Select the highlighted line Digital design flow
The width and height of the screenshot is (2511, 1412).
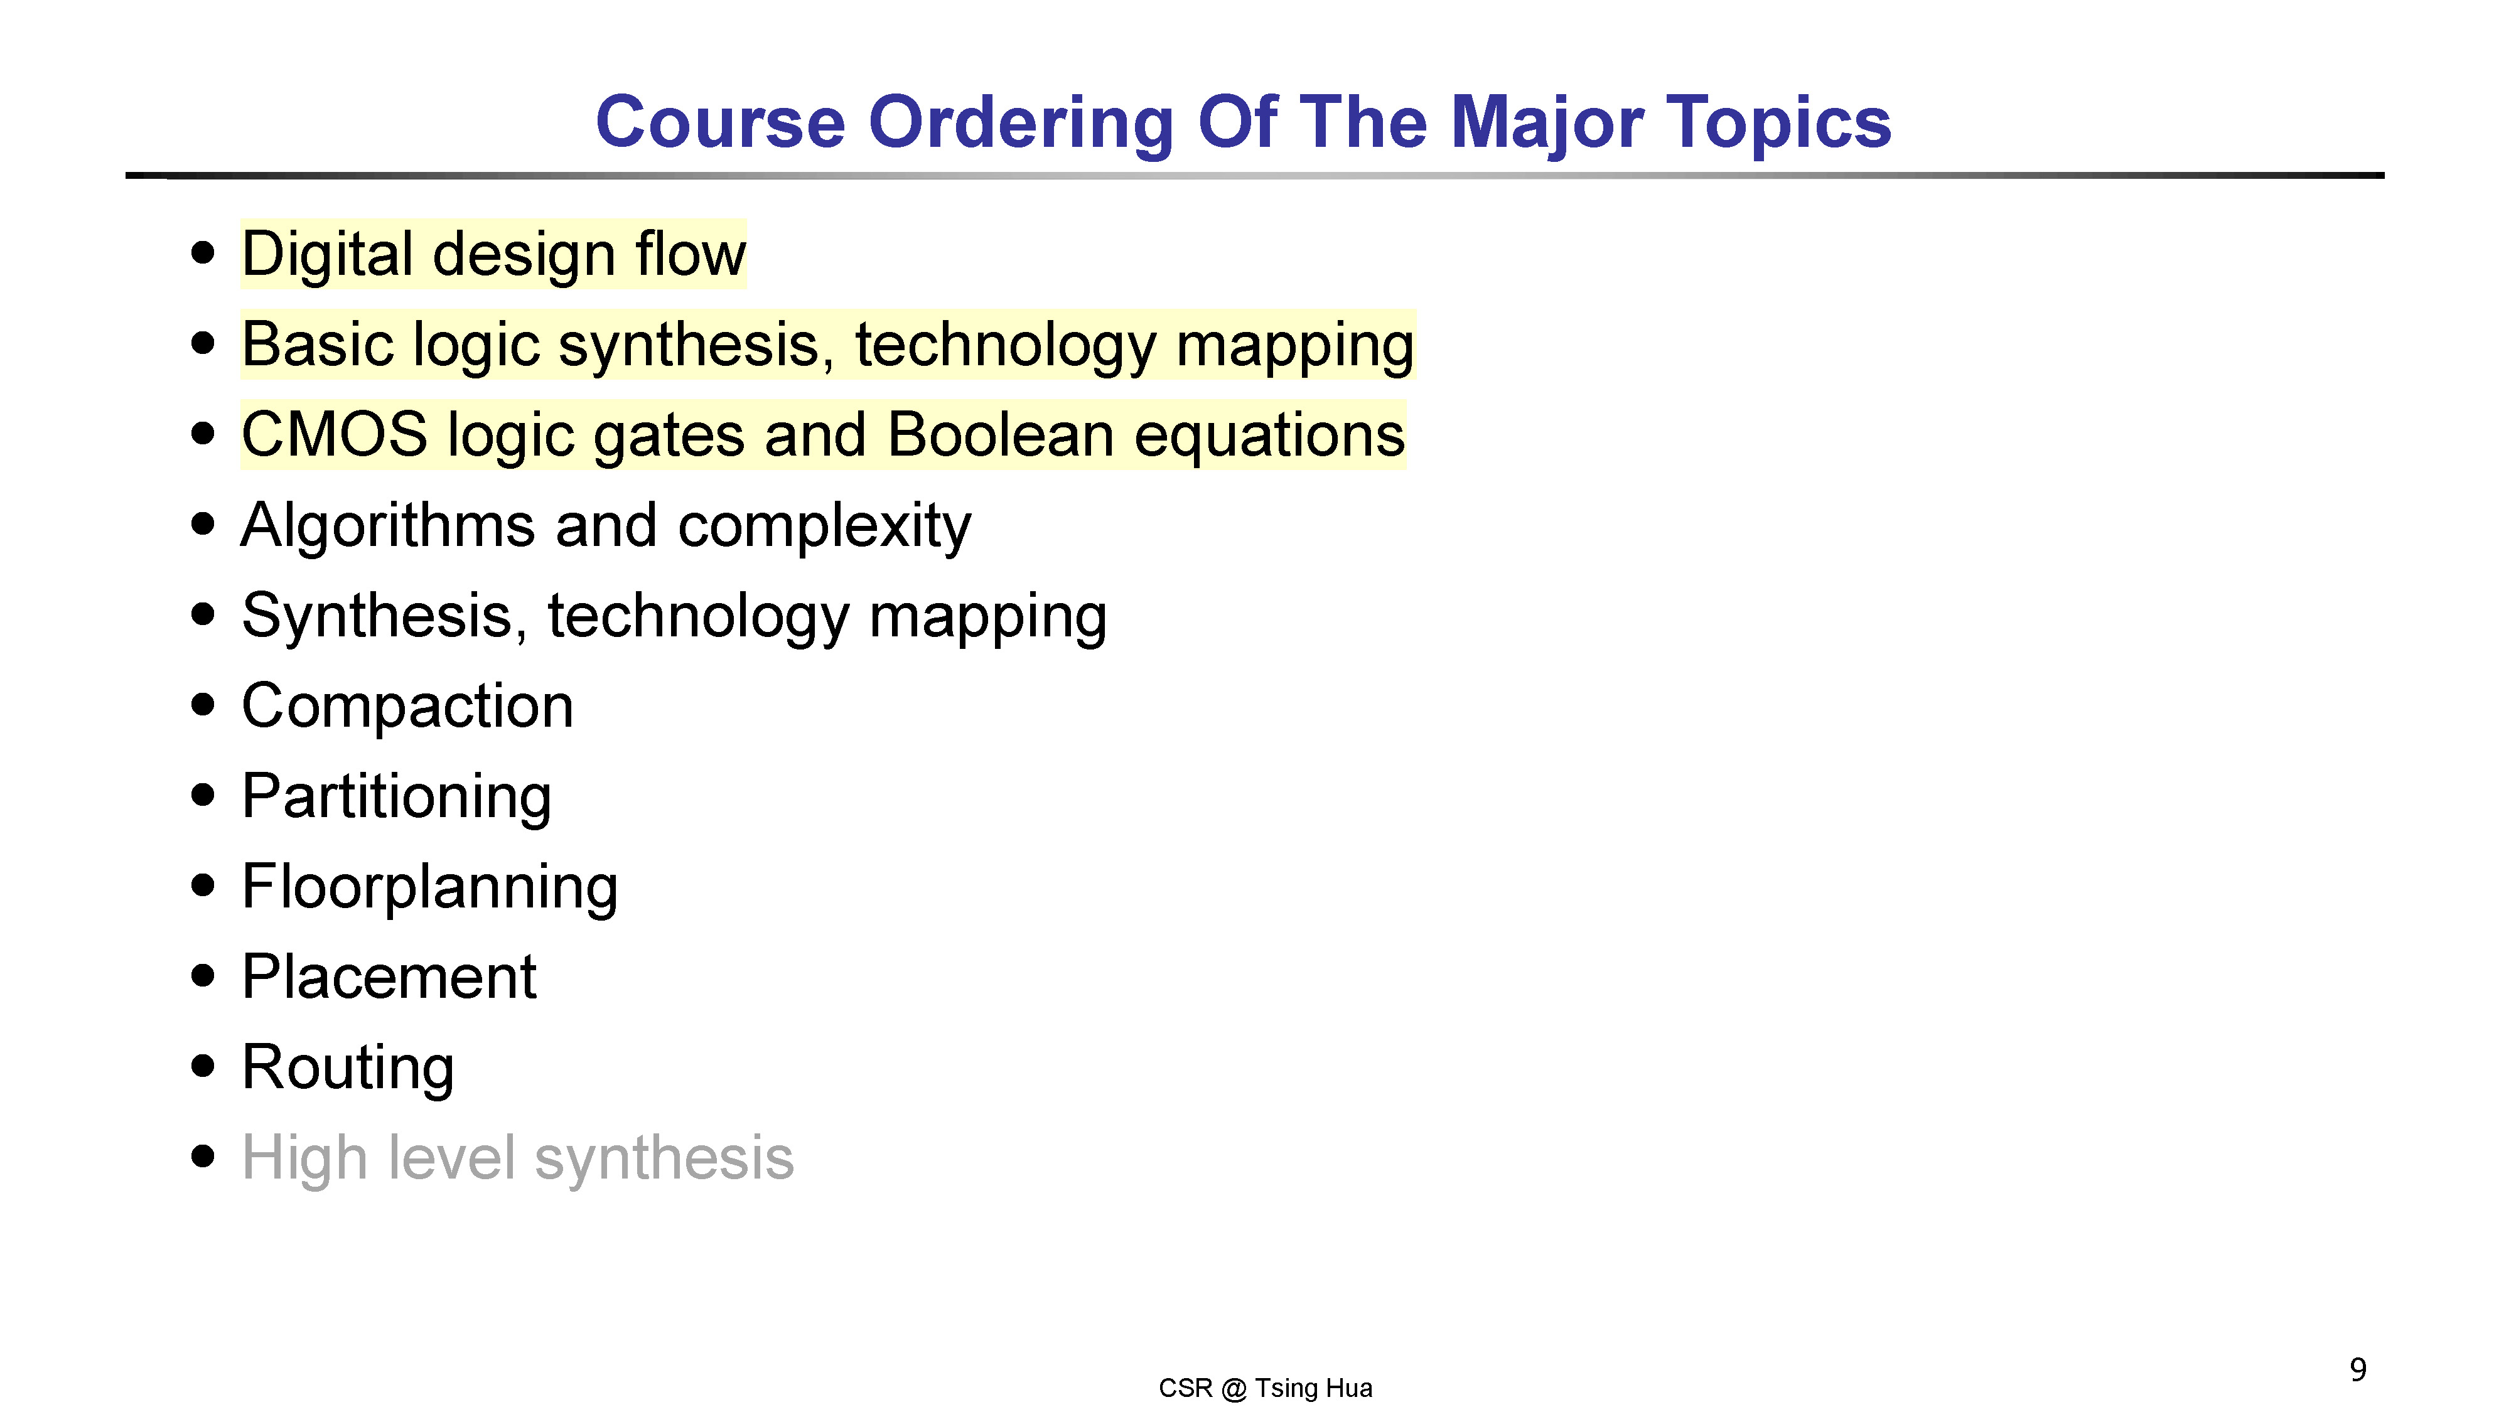[494, 254]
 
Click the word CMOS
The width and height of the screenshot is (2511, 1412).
[335, 435]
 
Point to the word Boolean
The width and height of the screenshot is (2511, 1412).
[1000, 435]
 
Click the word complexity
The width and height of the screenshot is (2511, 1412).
[825, 527]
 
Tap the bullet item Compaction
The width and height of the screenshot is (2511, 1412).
[407, 707]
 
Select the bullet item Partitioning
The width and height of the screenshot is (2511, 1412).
[397, 797]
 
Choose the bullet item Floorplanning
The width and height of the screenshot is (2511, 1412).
[430, 888]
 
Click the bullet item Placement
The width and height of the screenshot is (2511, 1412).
[389, 976]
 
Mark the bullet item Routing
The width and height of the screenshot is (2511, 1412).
[348, 1068]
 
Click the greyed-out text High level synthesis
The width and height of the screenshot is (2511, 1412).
[518, 1158]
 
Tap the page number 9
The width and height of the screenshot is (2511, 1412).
[2358, 1370]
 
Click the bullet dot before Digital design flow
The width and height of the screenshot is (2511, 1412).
[203, 252]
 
